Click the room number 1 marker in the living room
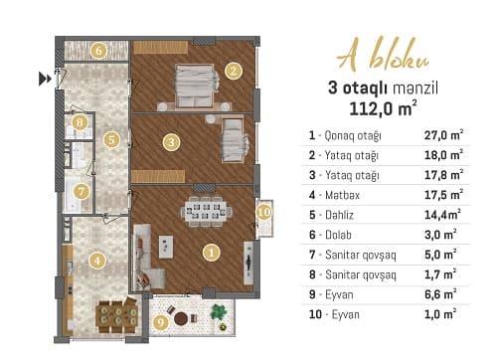(211, 253)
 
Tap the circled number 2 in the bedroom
(233, 71)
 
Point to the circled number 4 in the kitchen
(96, 262)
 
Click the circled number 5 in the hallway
(112, 140)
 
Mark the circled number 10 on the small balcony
(263, 211)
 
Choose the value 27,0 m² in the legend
(443, 134)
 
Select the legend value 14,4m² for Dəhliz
(443, 214)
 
